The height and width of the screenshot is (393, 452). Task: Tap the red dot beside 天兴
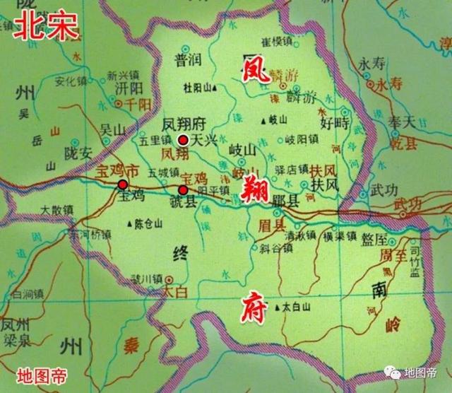183,139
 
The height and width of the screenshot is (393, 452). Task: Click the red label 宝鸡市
112,171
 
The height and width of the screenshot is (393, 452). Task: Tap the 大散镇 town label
57,209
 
